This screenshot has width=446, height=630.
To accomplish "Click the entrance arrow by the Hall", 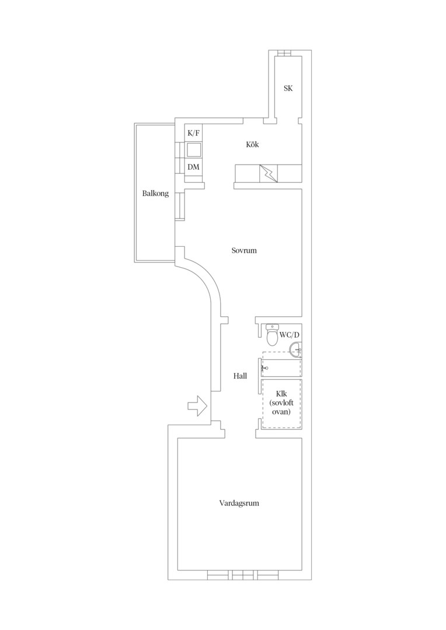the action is point(197,406).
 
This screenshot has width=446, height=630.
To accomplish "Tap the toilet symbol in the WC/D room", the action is point(272,335).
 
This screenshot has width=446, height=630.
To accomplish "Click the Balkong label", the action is point(156,194).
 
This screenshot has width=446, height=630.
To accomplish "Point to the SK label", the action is point(288,89).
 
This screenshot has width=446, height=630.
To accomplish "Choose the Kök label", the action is point(253,145).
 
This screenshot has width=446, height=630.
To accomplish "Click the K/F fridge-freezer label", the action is point(193,133).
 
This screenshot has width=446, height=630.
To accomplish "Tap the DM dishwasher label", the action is point(193,167).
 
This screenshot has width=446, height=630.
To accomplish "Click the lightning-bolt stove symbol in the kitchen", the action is point(269,173).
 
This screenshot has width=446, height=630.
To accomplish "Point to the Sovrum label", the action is point(244,250).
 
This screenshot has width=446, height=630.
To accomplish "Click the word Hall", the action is point(240,376).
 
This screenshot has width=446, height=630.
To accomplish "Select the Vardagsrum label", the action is point(239,503).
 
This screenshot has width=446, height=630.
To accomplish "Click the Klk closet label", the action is point(281,394).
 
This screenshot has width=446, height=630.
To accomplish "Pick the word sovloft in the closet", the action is point(281,403).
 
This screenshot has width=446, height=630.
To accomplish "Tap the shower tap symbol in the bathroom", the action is point(264,367).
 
